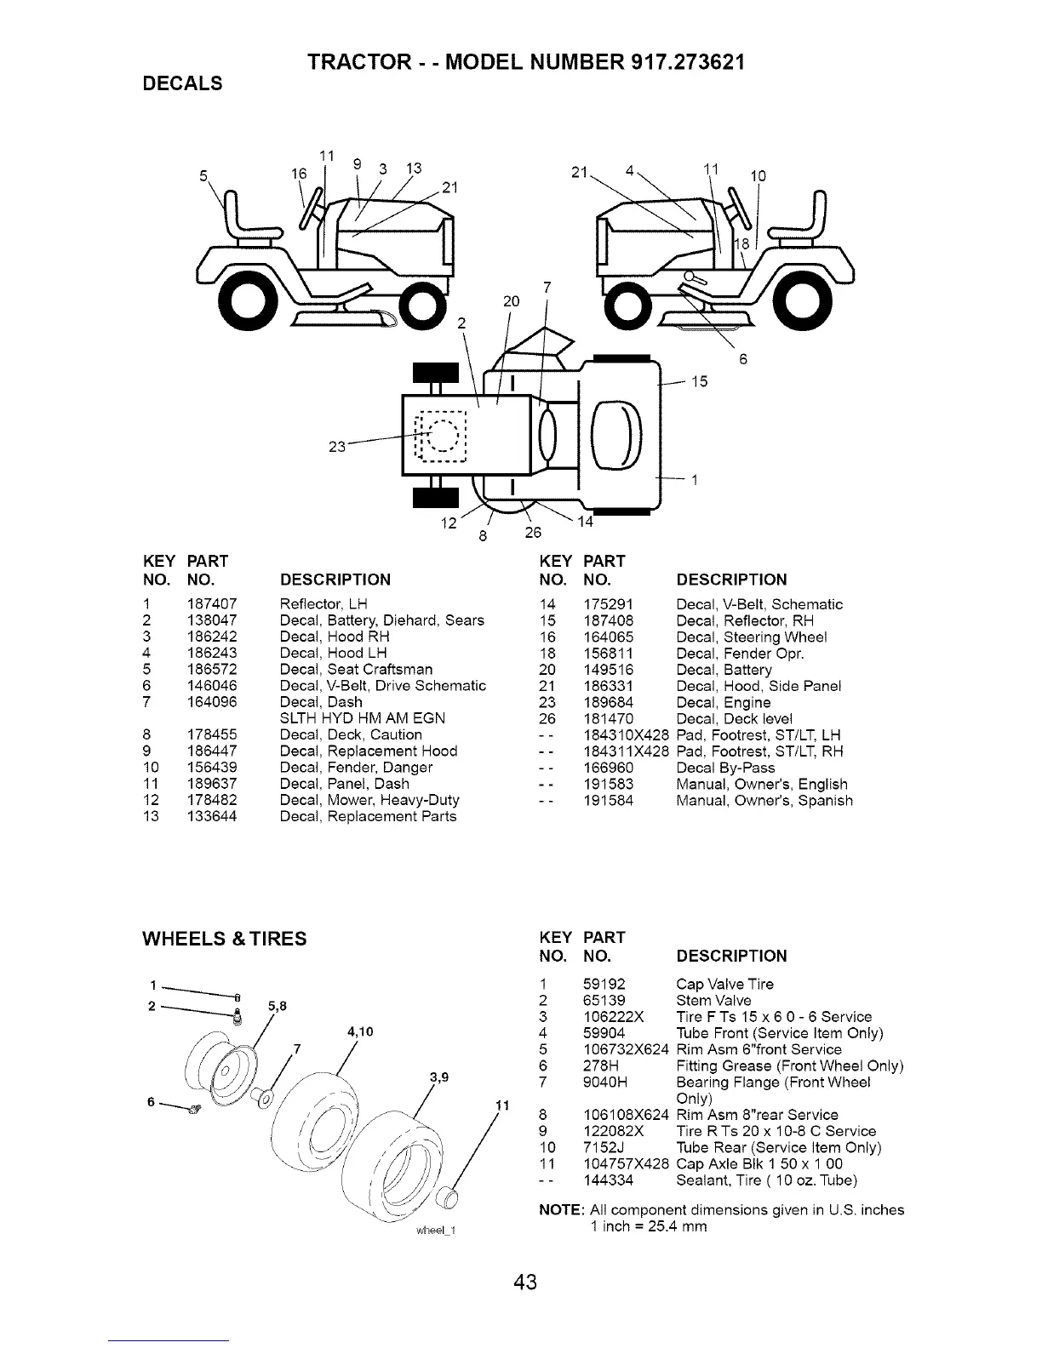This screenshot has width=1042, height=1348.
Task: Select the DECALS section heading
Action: click(x=181, y=83)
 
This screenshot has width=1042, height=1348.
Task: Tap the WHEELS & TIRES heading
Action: click(x=224, y=939)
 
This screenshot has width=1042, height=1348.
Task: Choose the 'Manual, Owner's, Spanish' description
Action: click(x=764, y=801)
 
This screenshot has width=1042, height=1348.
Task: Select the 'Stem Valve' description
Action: click(x=713, y=1001)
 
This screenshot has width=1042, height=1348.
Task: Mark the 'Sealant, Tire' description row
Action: click(x=766, y=1180)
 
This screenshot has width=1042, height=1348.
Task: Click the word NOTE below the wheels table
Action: click(x=561, y=1210)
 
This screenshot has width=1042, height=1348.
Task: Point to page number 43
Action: click(x=525, y=1282)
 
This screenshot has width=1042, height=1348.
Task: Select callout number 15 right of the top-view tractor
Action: click(x=699, y=381)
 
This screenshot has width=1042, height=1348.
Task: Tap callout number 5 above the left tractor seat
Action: click(x=203, y=176)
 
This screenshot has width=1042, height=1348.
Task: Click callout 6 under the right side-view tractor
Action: click(x=742, y=359)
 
